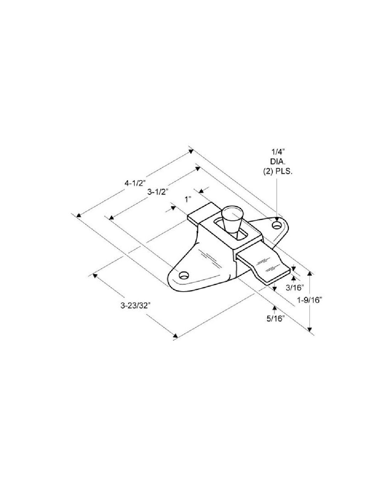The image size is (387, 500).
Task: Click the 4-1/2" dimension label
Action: (x=136, y=183)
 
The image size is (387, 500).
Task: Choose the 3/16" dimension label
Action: (x=295, y=287)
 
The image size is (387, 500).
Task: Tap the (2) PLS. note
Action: (x=278, y=172)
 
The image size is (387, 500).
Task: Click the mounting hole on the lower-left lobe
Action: (x=184, y=275)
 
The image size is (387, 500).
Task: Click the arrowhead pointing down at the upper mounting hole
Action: (x=276, y=219)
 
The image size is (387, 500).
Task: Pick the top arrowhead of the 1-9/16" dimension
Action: (x=310, y=273)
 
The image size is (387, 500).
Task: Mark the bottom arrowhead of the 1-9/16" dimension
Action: (x=310, y=329)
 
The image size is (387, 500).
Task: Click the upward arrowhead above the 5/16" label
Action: (x=274, y=308)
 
